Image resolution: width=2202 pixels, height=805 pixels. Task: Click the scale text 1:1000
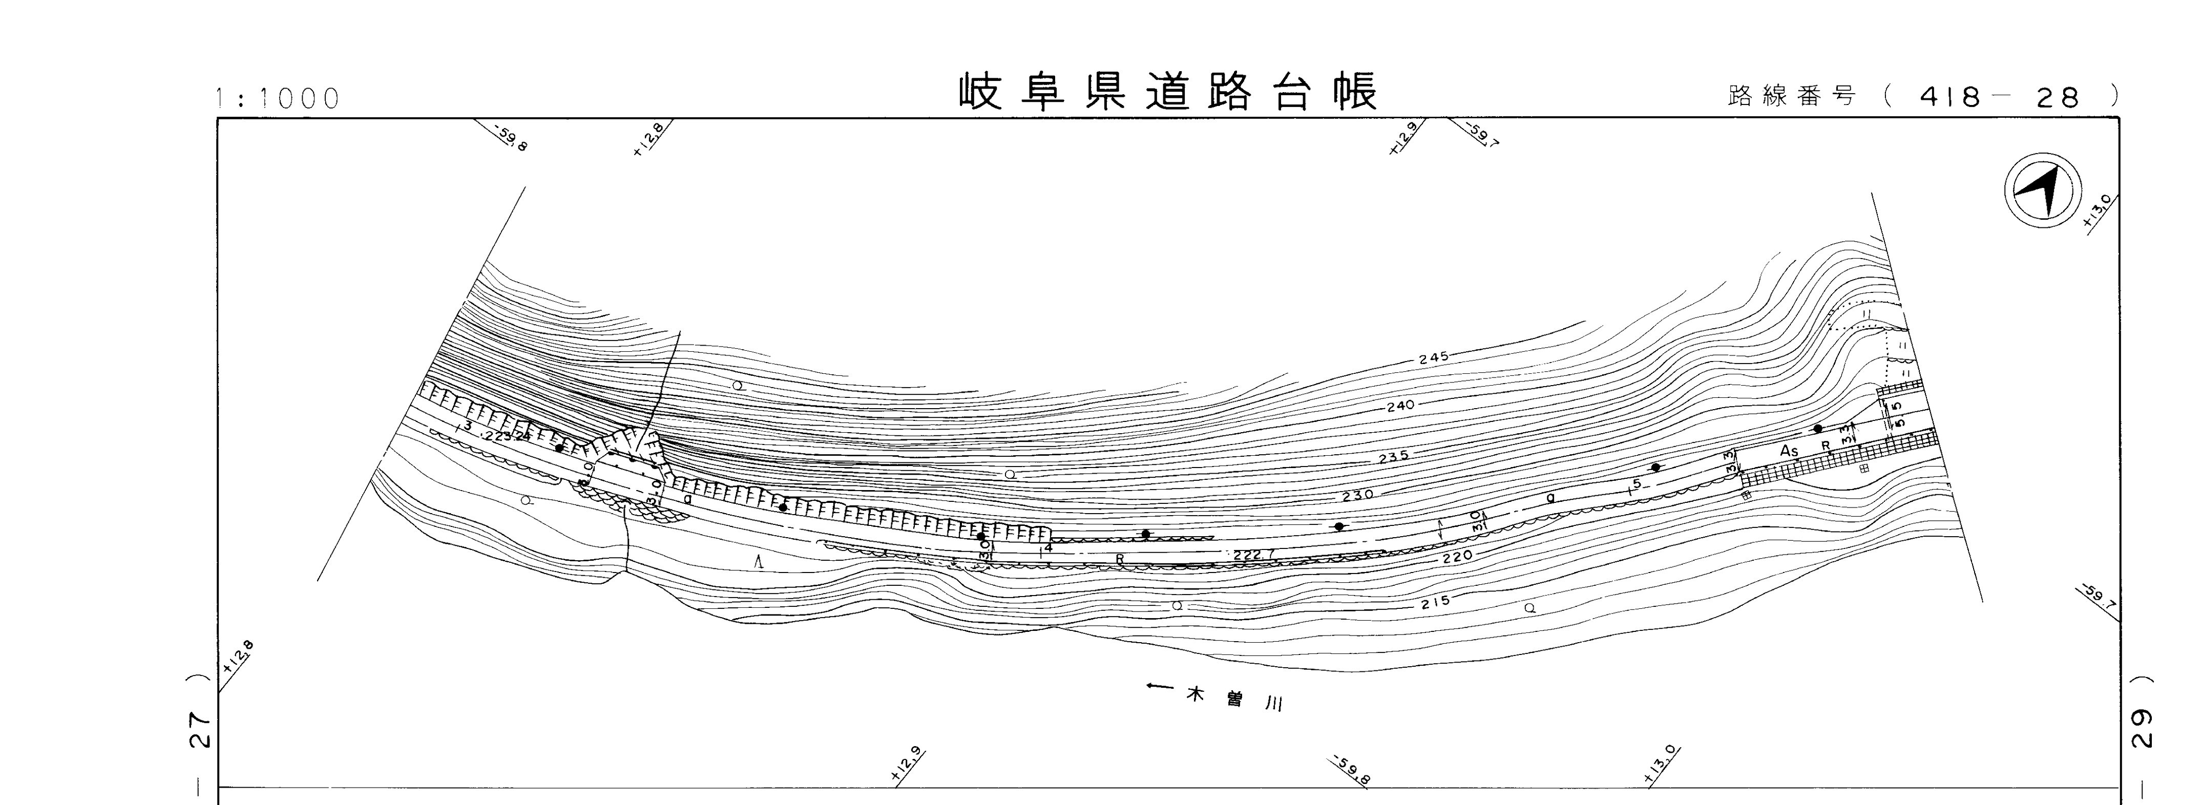click(x=278, y=99)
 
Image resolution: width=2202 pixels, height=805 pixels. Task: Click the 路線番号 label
click(x=1791, y=97)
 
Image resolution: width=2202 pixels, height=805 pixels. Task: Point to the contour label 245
click(x=1434, y=357)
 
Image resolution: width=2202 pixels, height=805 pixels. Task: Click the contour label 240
click(x=1400, y=406)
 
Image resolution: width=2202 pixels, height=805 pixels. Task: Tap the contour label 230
click(x=1357, y=495)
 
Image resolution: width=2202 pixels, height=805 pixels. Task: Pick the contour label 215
click(x=1435, y=602)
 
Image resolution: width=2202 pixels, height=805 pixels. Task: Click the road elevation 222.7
click(x=1253, y=556)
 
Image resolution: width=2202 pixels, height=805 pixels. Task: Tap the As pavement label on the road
click(x=1789, y=450)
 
